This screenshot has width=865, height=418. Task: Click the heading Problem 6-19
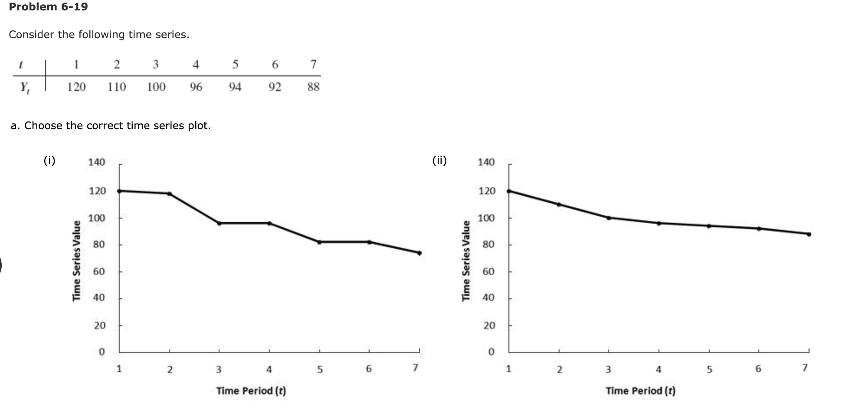pos(48,7)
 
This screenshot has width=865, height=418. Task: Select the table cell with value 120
pos(76,87)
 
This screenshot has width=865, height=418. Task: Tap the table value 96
pos(196,87)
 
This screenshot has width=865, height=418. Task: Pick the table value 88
pos(313,87)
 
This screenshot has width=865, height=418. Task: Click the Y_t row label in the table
pos(24,88)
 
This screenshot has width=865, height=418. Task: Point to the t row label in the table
pos(20,65)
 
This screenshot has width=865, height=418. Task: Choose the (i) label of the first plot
pos(49,161)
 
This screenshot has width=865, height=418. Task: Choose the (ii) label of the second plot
pos(439,161)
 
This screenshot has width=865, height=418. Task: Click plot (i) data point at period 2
pos(169,193)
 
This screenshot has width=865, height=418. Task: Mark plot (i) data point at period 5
pos(319,242)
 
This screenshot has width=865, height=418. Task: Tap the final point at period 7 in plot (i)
pos(419,253)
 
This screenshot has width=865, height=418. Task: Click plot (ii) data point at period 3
pos(609,218)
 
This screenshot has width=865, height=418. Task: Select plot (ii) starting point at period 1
pos(509,191)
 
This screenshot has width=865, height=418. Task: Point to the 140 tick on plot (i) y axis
pos(97,162)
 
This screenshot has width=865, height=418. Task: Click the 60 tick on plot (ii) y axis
pos(489,272)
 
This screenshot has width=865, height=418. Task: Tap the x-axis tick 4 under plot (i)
pos(269,369)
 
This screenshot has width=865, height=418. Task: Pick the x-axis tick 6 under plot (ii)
pos(758,369)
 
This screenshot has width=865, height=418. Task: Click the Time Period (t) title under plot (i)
pos(251,391)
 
